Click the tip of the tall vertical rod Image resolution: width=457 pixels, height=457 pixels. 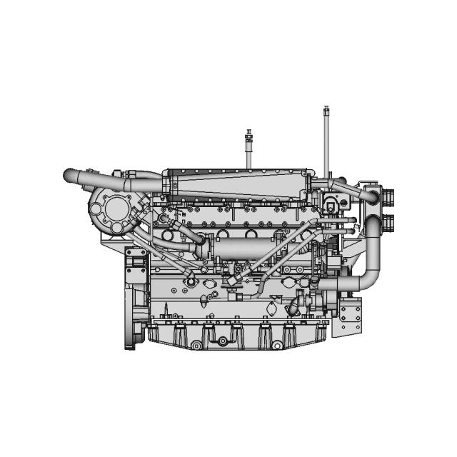click(x=326, y=109)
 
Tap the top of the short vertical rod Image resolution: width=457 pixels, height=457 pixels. click(x=249, y=131)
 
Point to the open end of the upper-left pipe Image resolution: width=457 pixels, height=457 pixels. click(x=66, y=174)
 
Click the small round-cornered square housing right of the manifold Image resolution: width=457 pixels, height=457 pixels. click(x=331, y=203)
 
